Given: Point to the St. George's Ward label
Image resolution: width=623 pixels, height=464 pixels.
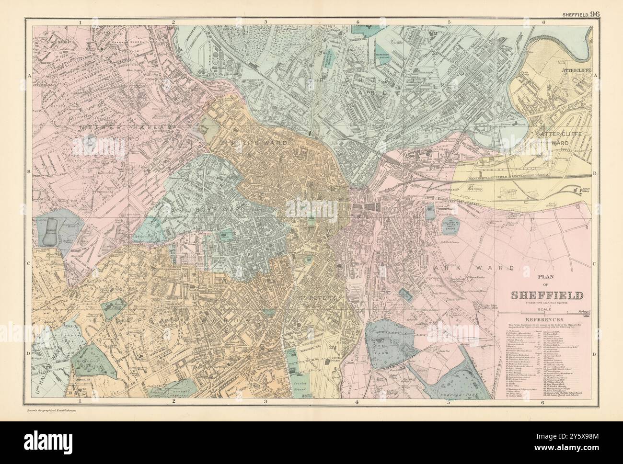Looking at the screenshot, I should [201, 210].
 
